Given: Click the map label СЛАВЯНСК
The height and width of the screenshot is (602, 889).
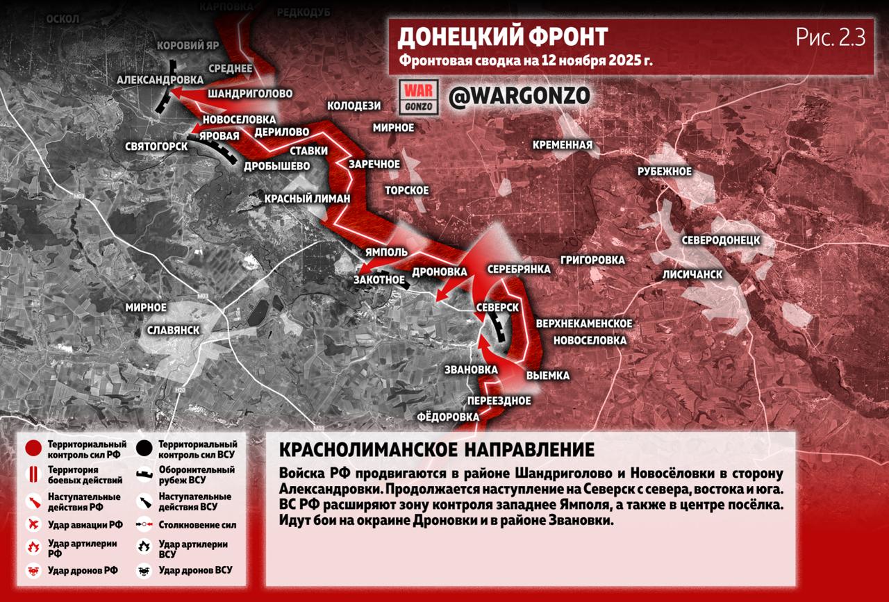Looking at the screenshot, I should pos(174,330).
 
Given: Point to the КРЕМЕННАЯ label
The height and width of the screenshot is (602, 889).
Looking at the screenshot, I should pos(563,145).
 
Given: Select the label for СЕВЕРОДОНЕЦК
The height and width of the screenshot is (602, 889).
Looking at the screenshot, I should pos(720,240).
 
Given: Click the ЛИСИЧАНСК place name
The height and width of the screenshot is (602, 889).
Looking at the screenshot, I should pos(692,274).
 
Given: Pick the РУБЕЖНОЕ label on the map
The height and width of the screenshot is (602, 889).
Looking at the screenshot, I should pos(665,172).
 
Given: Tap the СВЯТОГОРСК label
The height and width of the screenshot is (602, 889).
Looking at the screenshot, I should pos(156,147).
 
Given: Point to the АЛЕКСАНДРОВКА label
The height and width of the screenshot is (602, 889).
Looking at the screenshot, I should pos(160,80).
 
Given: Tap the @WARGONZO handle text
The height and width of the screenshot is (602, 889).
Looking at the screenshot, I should pos(520,97).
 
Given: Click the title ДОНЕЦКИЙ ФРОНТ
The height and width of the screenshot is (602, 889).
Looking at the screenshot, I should pos(503,37).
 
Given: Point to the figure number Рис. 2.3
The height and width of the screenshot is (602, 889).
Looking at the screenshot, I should pos(831,37).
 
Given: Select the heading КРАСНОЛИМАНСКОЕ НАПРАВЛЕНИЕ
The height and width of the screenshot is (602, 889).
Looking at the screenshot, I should pos(437,449).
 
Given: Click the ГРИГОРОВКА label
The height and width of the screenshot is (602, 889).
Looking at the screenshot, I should pos(590,260).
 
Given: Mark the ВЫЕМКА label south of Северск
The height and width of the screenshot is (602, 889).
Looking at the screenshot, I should pos(547,376).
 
